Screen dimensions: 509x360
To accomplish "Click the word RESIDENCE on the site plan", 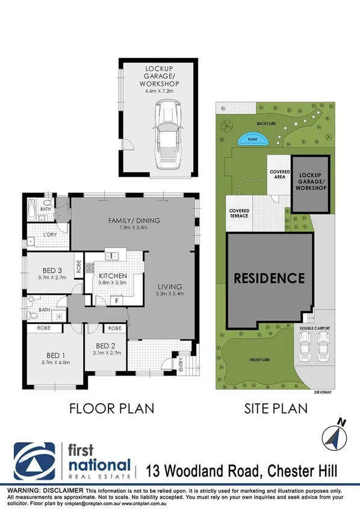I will tap(268, 278).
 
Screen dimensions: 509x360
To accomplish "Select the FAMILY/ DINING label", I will tap(134, 221).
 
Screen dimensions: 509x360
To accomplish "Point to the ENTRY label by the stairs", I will tap(181, 365).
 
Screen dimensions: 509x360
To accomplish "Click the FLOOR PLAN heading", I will tap(111, 409).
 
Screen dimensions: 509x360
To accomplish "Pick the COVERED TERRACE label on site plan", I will tap(239, 213).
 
